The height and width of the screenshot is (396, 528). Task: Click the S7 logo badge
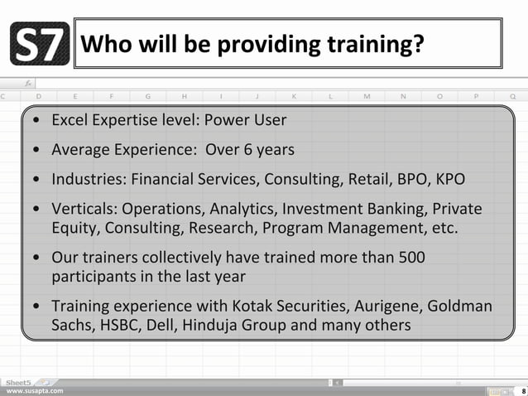coord(41,46)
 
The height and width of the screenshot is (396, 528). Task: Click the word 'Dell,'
coord(161,325)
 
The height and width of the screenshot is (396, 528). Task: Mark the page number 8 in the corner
coord(522,389)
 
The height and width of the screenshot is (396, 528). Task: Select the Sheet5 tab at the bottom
coord(17,381)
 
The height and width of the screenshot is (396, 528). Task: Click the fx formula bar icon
coord(27,84)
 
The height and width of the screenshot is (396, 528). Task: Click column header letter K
coord(294,96)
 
